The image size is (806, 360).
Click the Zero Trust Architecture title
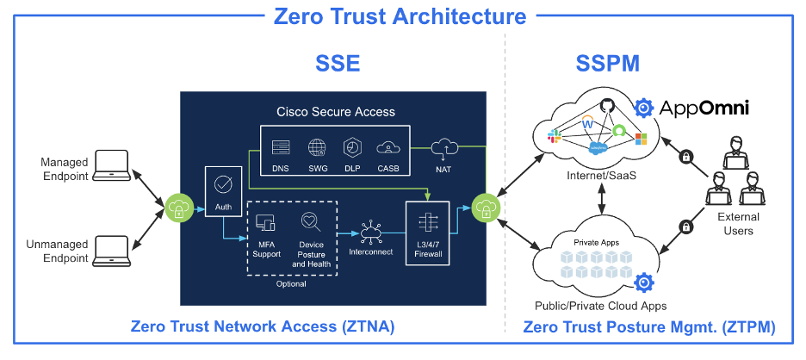point(400,16)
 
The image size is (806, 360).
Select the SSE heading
point(335,64)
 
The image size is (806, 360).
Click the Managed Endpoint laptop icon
point(111,164)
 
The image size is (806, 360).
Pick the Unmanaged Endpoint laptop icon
point(111,248)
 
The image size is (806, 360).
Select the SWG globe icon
point(317,147)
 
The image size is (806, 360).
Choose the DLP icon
point(351,147)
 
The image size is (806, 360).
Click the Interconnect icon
point(371,230)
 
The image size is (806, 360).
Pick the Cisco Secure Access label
point(336,111)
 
